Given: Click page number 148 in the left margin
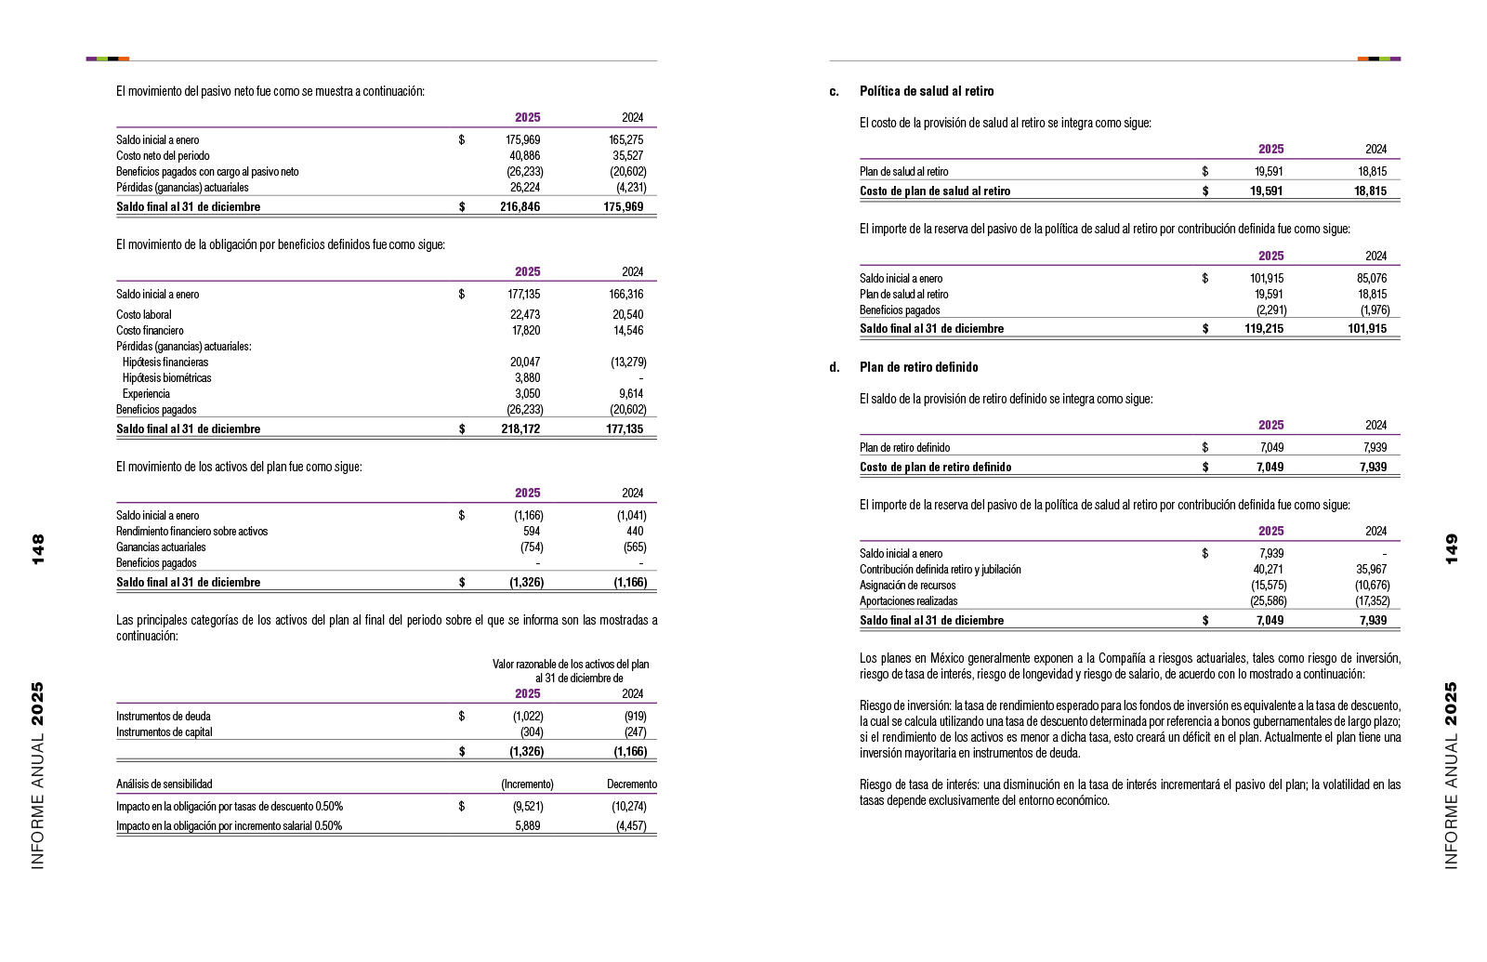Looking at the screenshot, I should point(38,548).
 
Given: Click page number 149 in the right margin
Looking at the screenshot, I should point(1452,548).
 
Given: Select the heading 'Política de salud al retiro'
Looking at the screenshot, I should point(927,91).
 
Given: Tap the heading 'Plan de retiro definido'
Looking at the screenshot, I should point(918,367).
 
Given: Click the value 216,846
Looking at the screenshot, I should point(520,206).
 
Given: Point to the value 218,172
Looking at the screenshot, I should point(520,428).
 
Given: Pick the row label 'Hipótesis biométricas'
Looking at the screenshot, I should point(166,378).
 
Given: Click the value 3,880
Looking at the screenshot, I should point(527,378).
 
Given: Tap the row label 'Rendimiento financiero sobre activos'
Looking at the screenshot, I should point(191,532).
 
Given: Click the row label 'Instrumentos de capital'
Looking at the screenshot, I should point(164,732).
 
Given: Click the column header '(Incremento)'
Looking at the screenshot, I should point(527,784).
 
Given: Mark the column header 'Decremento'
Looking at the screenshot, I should point(632,784).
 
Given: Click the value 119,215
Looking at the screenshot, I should point(1264,328).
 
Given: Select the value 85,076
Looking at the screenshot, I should point(1371,279).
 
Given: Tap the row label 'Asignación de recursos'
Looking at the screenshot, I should point(907,586).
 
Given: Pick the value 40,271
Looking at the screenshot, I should point(1268,570).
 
